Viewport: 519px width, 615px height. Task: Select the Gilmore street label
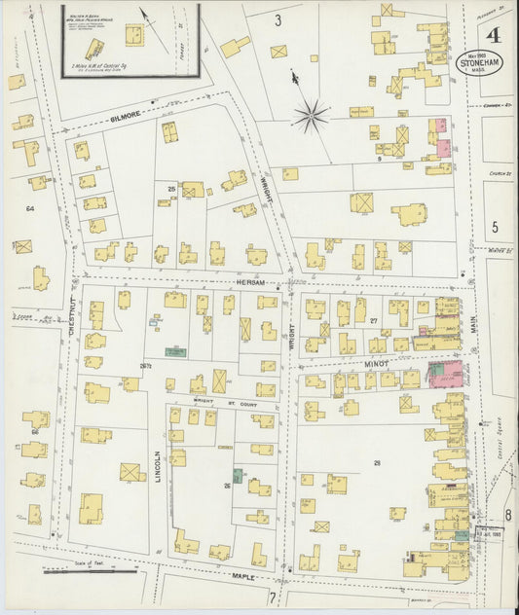[128, 115]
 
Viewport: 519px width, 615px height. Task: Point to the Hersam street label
[250, 282]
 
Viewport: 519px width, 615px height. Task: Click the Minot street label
[376, 364]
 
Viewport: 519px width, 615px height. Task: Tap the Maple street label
[242, 576]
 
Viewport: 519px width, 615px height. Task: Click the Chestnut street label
[71, 317]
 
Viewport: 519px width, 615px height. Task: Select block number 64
[30, 208]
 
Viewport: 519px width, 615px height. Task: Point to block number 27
[373, 318]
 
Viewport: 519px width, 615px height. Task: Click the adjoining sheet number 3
[277, 19]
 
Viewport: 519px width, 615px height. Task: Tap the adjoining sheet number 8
[506, 514]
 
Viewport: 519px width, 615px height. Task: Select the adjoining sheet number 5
[495, 228]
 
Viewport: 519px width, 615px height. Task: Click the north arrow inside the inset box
[147, 17]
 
